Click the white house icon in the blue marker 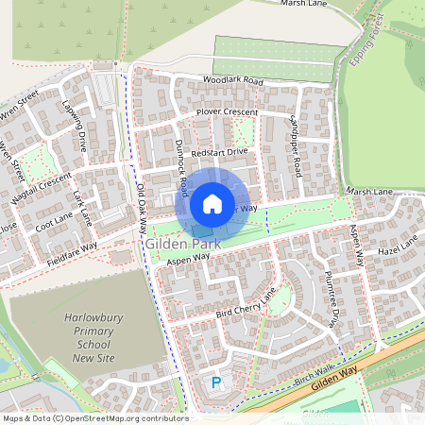(x=212, y=203)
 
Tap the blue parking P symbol (x=216, y=382)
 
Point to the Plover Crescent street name (x=226, y=112)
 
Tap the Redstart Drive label (x=218, y=151)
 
